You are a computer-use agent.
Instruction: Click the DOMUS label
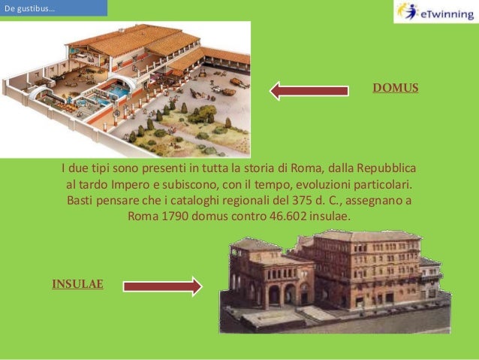[395, 89]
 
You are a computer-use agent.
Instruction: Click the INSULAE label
[77, 284]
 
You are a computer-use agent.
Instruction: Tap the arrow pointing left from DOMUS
[309, 91]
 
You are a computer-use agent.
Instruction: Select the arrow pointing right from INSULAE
[162, 286]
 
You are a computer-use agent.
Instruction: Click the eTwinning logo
[433, 12]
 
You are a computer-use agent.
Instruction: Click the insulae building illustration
[334, 278]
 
